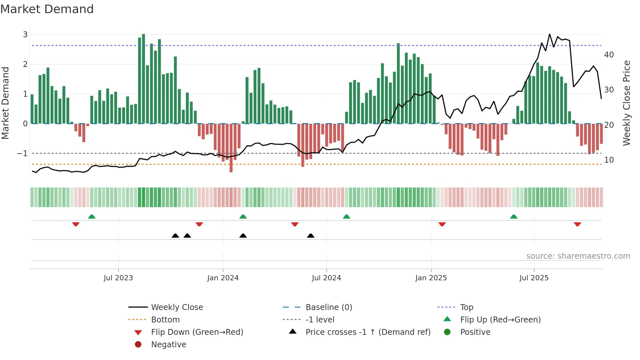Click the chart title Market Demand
47,9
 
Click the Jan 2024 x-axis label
223,278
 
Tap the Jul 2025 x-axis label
534,278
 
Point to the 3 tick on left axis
25,35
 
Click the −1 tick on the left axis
22,154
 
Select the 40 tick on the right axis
609,55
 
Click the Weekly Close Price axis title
626,103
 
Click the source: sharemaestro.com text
578,256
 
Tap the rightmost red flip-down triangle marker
577,224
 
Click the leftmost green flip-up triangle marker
92,217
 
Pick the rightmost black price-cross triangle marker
311,236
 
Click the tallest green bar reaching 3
144,78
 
